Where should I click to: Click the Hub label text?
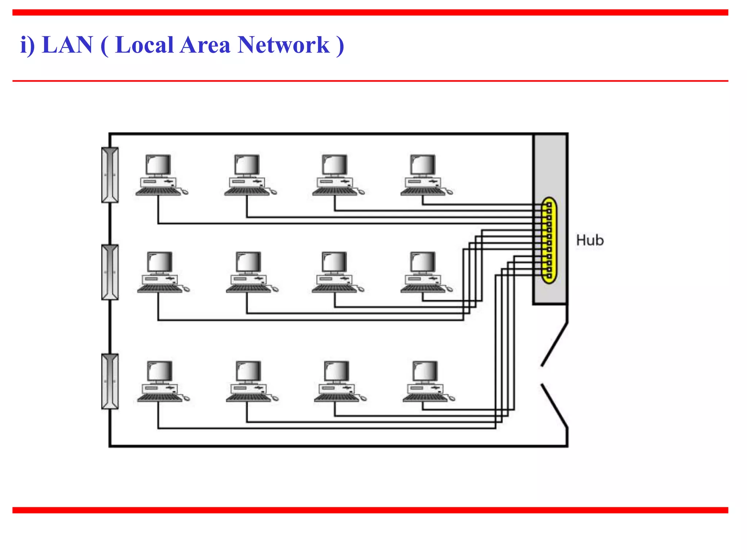(589, 240)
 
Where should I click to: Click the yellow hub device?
(549, 241)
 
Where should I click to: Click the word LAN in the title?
(67, 45)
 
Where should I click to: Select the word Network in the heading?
(283, 45)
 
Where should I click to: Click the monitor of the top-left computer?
(158, 165)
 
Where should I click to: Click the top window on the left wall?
(110, 175)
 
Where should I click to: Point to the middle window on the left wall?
(110, 272)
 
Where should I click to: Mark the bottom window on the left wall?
(110, 381)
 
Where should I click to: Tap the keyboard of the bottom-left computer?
(159, 398)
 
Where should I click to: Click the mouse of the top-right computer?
(450, 192)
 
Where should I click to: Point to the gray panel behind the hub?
(550, 164)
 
